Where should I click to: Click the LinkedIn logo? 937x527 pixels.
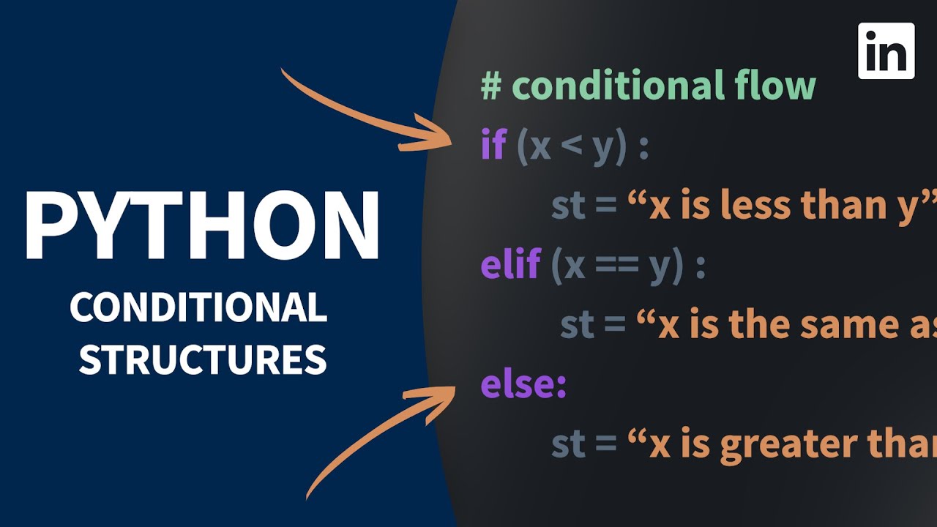(x=886, y=51)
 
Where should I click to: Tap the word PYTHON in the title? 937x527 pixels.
(x=203, y=226)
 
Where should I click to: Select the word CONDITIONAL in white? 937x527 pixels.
(x=198, y=308)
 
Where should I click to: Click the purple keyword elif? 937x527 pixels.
(x=510, y=264)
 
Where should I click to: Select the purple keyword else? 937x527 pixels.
(x=523, y=385)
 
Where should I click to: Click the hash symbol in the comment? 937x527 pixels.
(x=491, y=86)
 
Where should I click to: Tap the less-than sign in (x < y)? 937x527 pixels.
(x=572, y=147)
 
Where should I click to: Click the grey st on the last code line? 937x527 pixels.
(x=568, y=444)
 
